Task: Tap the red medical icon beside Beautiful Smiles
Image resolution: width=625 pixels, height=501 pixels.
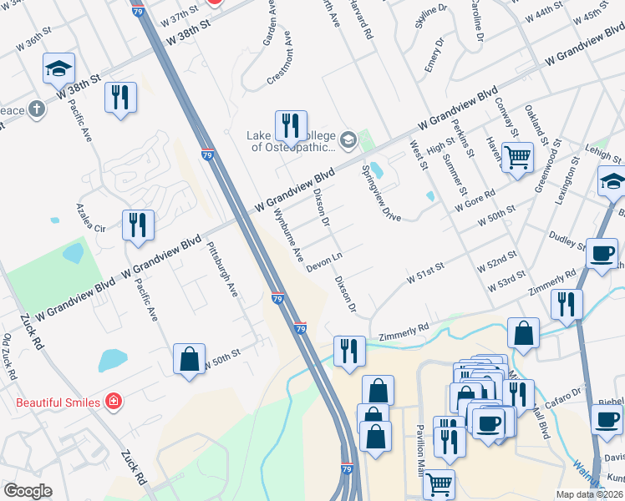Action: (113, 402)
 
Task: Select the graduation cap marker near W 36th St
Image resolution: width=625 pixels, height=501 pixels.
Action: (58, 69)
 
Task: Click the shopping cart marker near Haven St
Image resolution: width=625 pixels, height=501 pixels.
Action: (518, 156)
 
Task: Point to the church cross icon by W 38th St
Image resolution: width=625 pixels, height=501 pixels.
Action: (36, 109)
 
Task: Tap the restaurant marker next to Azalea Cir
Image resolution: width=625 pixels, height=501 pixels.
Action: (138, 226)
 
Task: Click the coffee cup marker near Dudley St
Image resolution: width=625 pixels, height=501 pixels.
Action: (602, 255)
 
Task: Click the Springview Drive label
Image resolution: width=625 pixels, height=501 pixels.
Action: (381, 192)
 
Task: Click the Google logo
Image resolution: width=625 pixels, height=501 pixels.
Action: (28, 491)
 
